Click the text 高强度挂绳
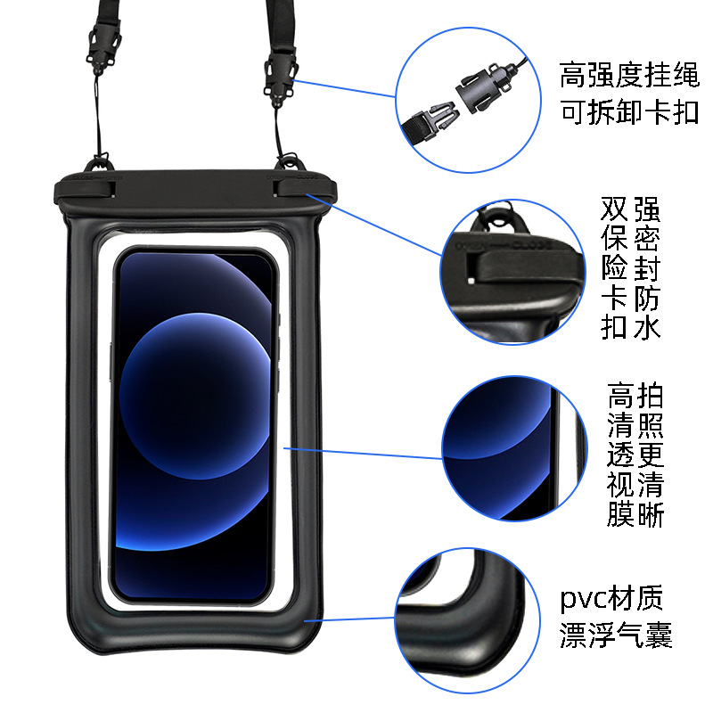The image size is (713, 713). tap(628, 74)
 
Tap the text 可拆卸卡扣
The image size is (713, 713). tap(628, 114)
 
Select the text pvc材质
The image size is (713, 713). tap(611, 597)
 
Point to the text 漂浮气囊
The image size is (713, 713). tap(615, 636)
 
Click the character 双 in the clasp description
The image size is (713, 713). tap(615, 210)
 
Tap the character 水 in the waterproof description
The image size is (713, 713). tap(646, 328)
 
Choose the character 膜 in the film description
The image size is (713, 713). tap(621, 514)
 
